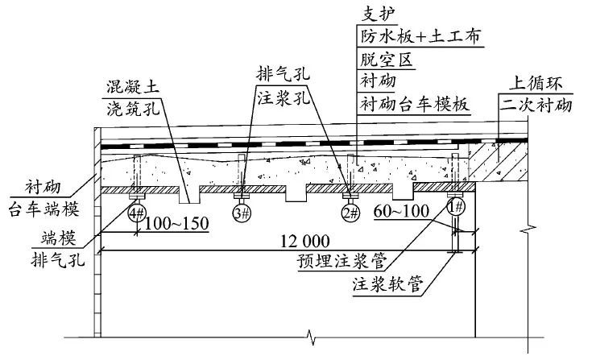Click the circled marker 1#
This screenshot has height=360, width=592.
(x=456, y=206)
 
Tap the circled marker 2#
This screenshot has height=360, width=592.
(x=350, y=213)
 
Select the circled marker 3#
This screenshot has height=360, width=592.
(x=241, y=213)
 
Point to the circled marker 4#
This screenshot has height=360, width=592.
(x=136, y=213)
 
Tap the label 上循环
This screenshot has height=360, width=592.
(x=540, y=82)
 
